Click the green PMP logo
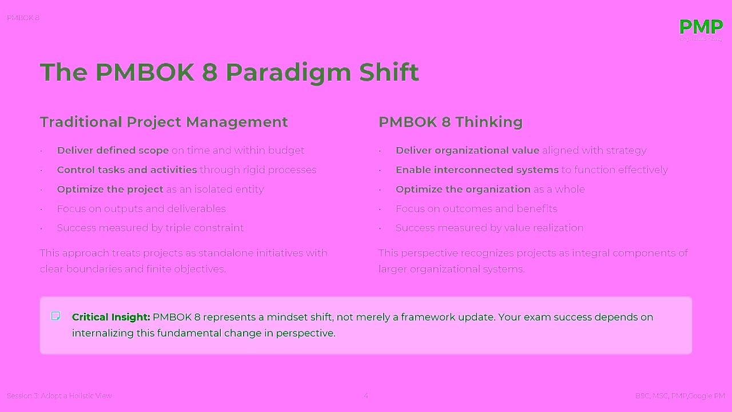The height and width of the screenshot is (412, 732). pyautogui.click(x=701, y=27)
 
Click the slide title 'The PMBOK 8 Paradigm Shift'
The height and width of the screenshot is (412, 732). pyautogui.click(x=229, y=72)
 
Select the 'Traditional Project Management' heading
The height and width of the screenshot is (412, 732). pyautogui.click(x=164, y=122)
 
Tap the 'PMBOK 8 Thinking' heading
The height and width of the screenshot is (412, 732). pyautogui.click(x=450, y=122)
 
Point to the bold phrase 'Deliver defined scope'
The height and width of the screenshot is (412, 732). pyautogui.click(x=113, y=150)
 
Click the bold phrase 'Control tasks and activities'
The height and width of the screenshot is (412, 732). pyautogui.click(x=126, y=170)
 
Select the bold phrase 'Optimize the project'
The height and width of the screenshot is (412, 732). pyautogui.click(x=110, y=189)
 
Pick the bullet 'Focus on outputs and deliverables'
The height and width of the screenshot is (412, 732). pyautogui.click(x=141, y=209)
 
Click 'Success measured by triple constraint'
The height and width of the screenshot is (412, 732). pyautogui.click(x=150, y=228)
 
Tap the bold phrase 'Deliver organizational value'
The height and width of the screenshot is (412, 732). pyautogui.click(x=467, y=150)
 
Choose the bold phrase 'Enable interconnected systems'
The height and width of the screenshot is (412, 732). pyautogui.click(x=477, y=170)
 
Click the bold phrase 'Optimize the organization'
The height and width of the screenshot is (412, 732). pyautogui.click(x=463, y=189)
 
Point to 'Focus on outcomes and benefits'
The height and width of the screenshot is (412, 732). pyautogui.click(x=476, y=209)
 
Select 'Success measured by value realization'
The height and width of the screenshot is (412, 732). pyautogui.click(x=489, y=228)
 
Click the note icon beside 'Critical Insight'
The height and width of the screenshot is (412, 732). pyautogui.click(x=55, y=316)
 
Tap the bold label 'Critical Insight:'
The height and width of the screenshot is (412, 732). pyautogui.click(x=111, y=317)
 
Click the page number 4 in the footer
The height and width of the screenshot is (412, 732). pyautogui.click(x=366, y=396)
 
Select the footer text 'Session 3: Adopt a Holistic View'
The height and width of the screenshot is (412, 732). pyautogui.click(x=59, y=396)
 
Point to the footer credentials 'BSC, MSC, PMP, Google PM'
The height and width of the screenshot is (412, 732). pyautogui.click(x=679, y=396)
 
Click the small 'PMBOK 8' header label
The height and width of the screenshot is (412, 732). pyautogui.click(x=23, y=18)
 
